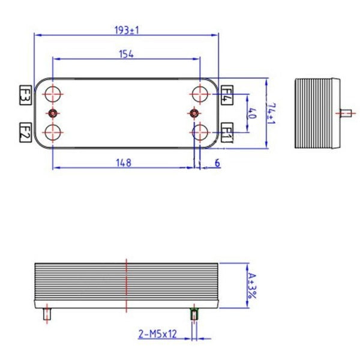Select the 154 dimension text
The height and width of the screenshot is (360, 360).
(126, 54)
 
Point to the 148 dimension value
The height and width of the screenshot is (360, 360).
(124, 162)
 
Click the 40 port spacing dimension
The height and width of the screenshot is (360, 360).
(252, 113)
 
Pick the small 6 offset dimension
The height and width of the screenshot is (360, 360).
(217, 163)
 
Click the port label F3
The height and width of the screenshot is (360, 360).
(25, 95)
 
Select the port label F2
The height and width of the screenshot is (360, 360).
(25, 131)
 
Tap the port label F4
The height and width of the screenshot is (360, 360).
(227, 95)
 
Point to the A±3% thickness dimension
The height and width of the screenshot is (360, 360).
(253, 285)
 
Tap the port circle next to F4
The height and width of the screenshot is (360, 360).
(200, 94)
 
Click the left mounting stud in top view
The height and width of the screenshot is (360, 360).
(53, 113)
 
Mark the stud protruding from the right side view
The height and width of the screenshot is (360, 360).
(345, 113)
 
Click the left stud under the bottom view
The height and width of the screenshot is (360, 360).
(47, 313)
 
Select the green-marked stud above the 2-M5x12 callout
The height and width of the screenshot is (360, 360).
(194, 313)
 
